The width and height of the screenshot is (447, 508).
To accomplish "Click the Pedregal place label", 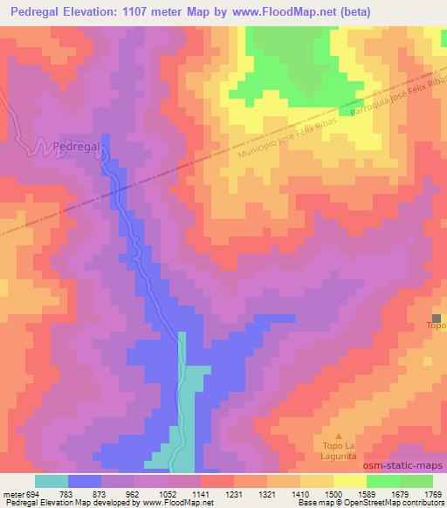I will [78, 147].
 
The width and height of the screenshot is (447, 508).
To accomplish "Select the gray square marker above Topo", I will [437, 317].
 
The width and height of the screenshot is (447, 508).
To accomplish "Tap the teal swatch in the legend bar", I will [52, 481].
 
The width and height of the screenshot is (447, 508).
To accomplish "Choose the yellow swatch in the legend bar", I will [349, 481].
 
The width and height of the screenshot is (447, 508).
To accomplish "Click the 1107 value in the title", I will [133, 12].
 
